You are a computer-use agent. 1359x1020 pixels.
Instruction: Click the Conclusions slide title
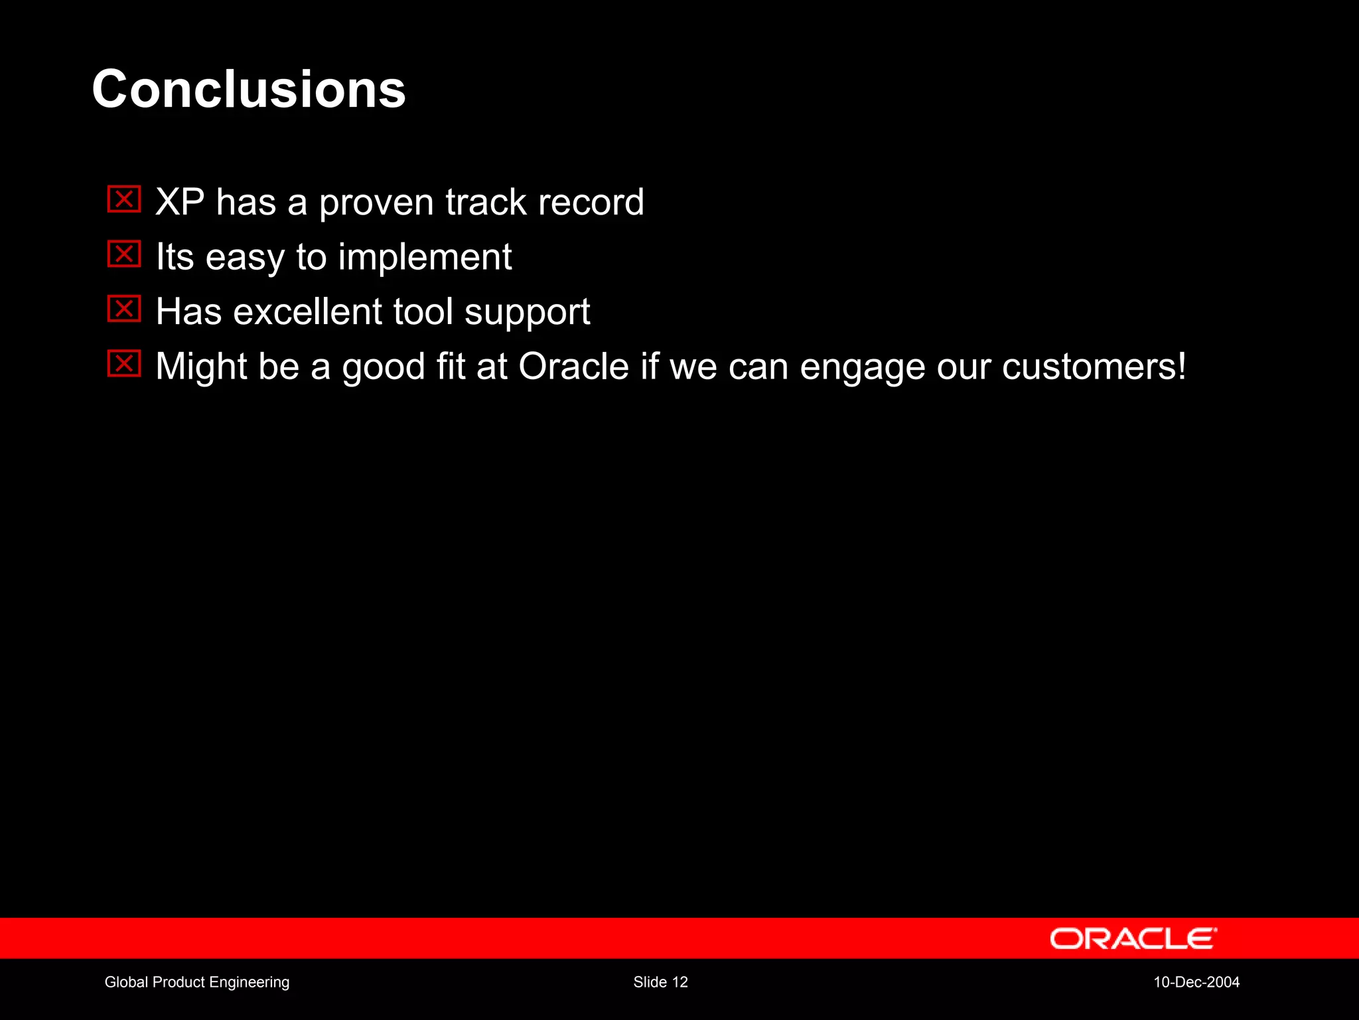click(249, 90)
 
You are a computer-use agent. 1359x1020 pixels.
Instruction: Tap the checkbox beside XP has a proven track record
click(124, 199)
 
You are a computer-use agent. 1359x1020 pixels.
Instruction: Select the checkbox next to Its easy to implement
click(124, 254)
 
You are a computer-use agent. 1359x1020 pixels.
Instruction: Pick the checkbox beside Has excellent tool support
click(124, 309)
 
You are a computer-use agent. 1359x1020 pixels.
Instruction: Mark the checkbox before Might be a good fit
click(124, 363)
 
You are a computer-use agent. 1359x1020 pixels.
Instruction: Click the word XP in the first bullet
click(180, 202)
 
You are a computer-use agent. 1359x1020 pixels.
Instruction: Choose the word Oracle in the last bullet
click(573, 367)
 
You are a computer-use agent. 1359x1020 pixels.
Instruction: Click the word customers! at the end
click(1094, 367)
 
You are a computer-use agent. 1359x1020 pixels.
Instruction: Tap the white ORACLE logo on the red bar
click(1133, 938)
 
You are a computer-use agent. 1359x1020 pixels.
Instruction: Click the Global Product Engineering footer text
click(197, 982)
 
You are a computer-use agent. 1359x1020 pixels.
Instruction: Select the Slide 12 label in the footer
click(660, 982)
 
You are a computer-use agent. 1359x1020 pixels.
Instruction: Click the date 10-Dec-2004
click(1196, 982)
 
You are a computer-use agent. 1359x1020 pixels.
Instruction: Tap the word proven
click(376, 203)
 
